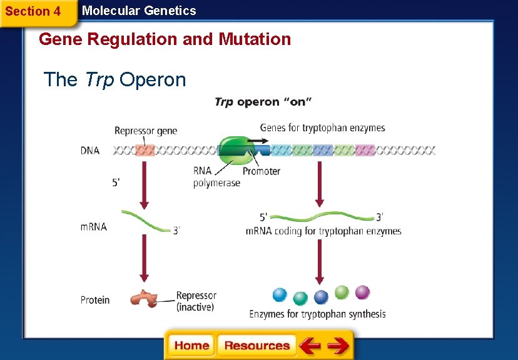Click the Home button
192,346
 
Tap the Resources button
256,346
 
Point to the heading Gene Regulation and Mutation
165,39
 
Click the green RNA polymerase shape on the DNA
233,151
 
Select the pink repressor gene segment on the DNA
145,151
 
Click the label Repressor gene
146,131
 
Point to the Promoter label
261,171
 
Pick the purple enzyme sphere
362,292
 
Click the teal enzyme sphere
301,298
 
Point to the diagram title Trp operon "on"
263,102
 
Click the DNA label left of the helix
90,151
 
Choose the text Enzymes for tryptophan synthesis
317,314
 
